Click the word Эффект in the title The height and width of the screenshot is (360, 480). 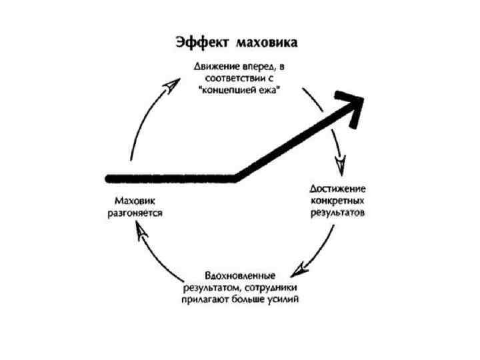[x=203, y=41]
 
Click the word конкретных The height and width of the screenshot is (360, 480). [x=337, y=201]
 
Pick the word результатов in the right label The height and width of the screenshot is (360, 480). [x=337, y=213]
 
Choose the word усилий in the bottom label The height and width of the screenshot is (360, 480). [x=283, y=300]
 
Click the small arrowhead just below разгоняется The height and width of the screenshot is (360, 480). [x=137, y=230]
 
